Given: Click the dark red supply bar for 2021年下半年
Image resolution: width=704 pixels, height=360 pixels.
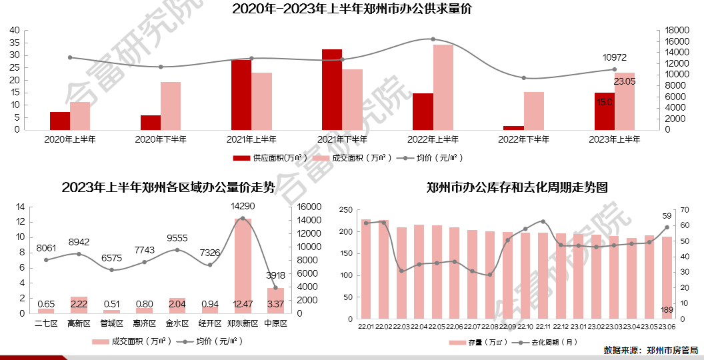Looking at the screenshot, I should (331, 89).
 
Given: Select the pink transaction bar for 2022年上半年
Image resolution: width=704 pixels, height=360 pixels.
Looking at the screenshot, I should (443, 87).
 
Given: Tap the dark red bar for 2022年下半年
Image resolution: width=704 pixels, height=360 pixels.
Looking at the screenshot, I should (513, 127).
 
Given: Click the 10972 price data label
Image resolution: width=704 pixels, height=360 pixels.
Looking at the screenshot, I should (615, 58).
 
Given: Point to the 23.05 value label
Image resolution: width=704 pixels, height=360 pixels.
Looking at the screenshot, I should (625, 81).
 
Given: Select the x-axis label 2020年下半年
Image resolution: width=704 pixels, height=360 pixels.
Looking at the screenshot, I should (161, 140).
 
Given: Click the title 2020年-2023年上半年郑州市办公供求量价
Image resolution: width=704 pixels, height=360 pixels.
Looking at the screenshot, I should (352, 9).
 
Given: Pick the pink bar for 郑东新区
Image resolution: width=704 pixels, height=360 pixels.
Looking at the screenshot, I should (243, 265).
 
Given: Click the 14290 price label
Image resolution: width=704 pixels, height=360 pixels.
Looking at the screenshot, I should (243, 206).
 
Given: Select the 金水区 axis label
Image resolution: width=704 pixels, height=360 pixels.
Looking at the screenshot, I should (177, 323).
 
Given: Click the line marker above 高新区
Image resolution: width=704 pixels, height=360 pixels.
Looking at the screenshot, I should (79, 254).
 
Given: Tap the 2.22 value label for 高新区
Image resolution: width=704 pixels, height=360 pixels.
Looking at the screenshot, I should (79, 305).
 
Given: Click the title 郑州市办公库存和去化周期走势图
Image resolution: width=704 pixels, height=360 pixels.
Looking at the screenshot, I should (517, 187).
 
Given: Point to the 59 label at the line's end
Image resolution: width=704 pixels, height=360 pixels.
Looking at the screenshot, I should (667, 216).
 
